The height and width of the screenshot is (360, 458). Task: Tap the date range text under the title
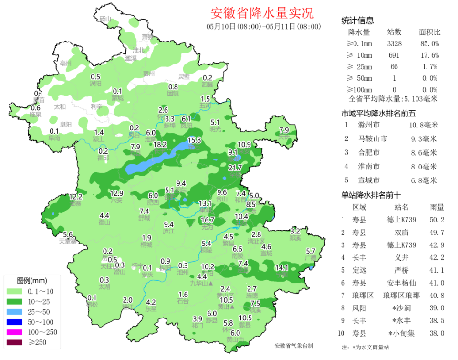pyautogui.click(x=263, y=26)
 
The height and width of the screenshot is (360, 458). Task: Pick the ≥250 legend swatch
pyautogui.click(x=15, y=343)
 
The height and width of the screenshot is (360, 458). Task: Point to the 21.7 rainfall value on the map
pyautogui.click(x=235, y=168)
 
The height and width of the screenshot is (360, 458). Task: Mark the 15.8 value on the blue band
pyautogui.click(x=194, y=140)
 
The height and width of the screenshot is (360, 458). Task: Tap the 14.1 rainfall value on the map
pyautogui.click(x=282, y=268)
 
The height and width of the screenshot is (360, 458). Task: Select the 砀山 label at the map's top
pyautogui.click(x=104, y=19)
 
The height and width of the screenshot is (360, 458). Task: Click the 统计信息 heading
pyautogui.click(x=357, y=21)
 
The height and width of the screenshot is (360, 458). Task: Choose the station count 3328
pyautogui.click(x=394, y=43)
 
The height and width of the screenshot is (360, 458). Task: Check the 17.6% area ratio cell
pyautogui.click(x=429, y=55)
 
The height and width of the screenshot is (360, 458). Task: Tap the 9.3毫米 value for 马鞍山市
pyautogui.click(x=424, y=139)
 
